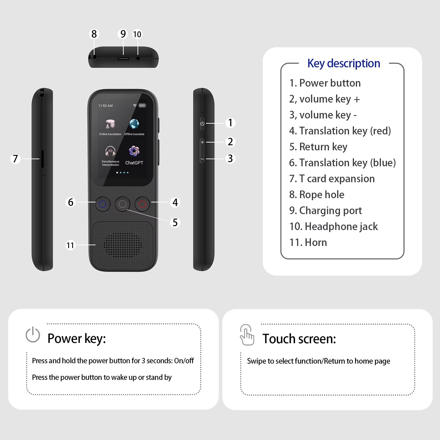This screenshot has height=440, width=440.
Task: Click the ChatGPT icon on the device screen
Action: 134,151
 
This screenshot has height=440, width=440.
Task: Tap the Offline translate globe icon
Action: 134,124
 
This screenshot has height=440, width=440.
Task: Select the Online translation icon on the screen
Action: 110,124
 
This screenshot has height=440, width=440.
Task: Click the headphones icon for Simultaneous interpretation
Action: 110,151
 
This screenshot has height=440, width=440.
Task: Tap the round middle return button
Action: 123,204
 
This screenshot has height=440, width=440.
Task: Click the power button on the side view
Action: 202,123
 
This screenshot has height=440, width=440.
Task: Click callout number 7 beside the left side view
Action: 15,159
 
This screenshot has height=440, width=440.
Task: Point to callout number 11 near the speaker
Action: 71,245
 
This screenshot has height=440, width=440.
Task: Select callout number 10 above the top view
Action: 137,34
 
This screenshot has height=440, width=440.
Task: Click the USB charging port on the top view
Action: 123,58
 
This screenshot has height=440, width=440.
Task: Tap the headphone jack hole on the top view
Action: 138,58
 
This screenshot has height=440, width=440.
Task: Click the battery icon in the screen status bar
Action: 142,106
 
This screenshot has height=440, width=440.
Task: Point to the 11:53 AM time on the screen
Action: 106,106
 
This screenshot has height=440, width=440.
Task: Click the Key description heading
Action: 344,63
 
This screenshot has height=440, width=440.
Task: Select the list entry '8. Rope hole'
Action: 317,195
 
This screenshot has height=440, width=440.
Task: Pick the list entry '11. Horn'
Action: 308,242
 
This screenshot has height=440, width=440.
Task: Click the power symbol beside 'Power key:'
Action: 33,335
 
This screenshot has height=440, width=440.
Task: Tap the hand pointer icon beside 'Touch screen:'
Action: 247,335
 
